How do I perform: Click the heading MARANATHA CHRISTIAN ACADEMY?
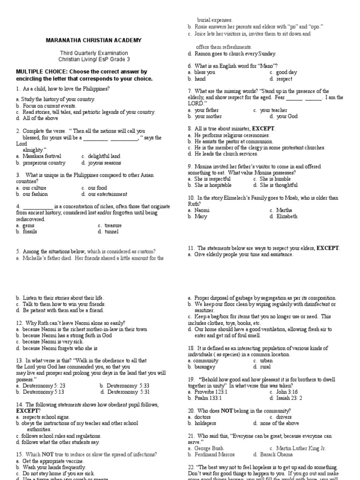point(94,40)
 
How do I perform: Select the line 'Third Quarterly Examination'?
point(93,53)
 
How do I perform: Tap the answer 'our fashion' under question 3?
point(35,194)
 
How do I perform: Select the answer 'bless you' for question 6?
point(205,73)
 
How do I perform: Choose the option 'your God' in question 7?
point(287,116)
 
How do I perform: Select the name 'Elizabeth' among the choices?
point(287,217)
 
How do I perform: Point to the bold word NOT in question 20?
point(228,411)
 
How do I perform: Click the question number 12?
point(19,323)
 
